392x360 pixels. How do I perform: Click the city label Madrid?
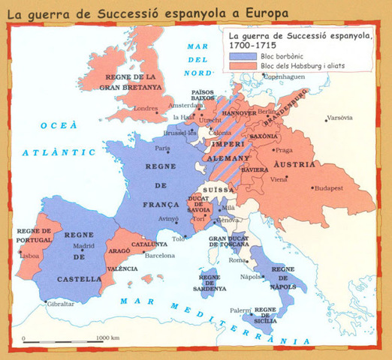[83, 245]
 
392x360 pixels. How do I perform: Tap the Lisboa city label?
[29, 256]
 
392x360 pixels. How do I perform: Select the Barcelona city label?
[159, 255]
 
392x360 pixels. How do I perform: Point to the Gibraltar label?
[61, 304]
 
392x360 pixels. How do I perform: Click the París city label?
[163, 148]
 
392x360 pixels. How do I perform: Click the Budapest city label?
[328, 188]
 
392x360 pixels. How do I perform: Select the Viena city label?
[279, 179]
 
